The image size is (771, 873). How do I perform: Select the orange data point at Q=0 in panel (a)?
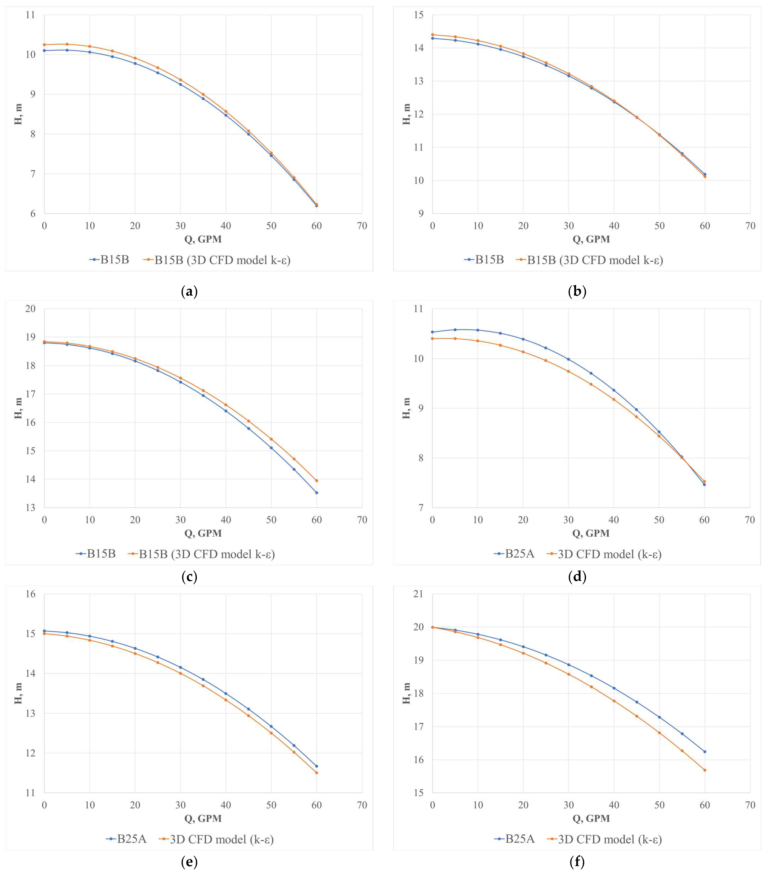coord(44,44)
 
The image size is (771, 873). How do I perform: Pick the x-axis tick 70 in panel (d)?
coord(750,520)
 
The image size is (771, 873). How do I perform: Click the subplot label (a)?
coord(189,292)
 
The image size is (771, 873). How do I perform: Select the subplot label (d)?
coord(577,577)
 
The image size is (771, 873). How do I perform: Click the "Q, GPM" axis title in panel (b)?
coord(591,239)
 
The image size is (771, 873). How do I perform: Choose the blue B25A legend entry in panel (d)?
coord(514,554)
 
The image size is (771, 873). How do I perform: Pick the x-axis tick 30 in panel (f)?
coord(568,805)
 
